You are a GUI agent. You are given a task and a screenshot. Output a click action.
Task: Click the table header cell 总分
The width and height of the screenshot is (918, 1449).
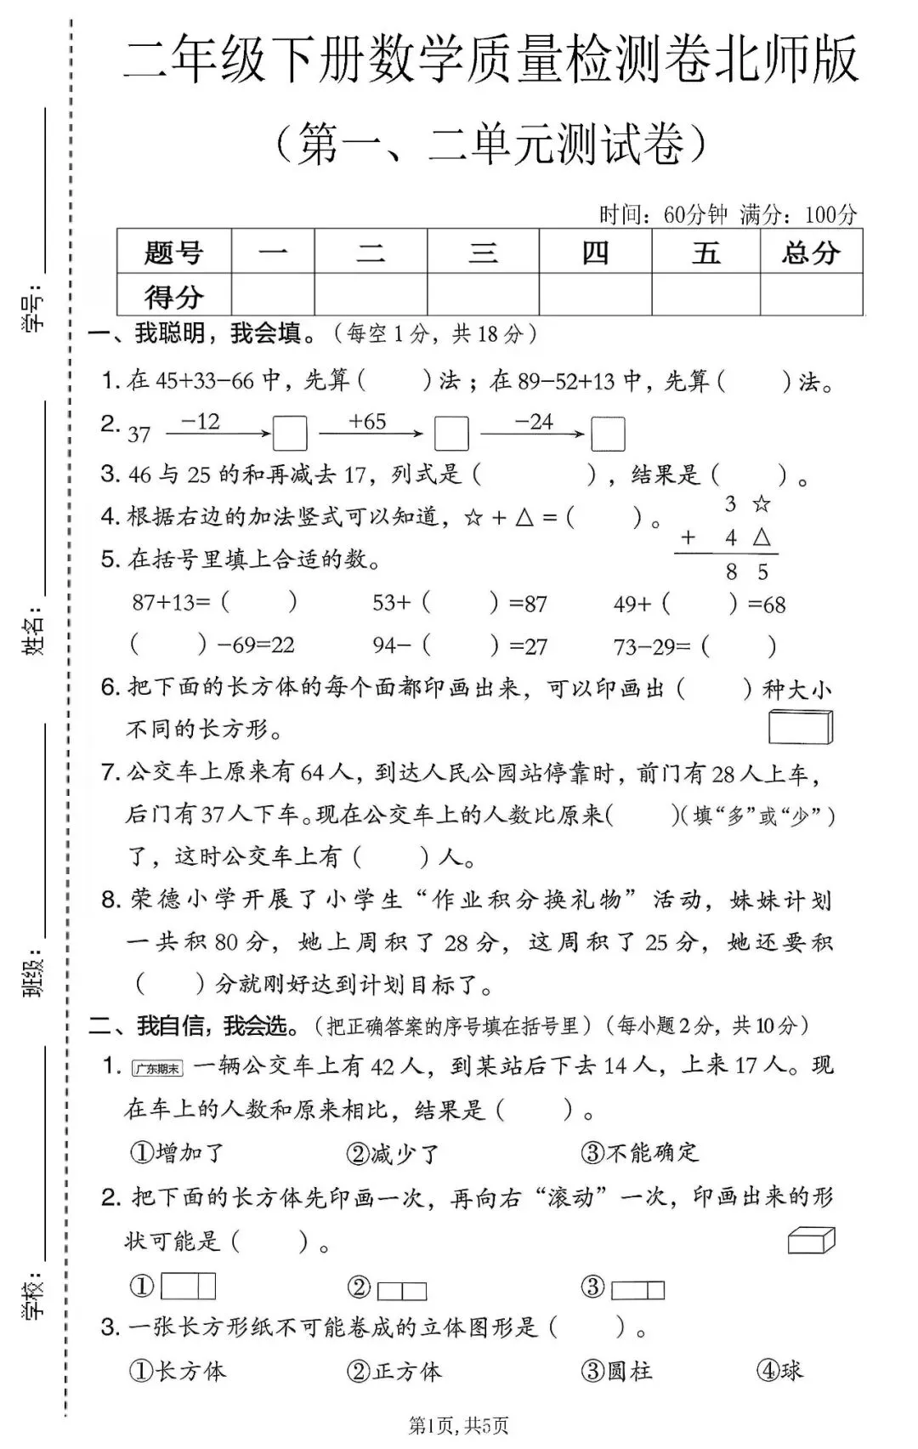(811, 253)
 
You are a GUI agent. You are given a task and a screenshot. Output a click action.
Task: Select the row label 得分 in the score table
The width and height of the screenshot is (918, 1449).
(173, 297)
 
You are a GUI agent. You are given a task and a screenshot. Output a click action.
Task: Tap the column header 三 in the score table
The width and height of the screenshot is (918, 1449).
(483, 253)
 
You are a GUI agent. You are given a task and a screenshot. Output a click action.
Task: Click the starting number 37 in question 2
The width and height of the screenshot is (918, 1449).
(139, 435)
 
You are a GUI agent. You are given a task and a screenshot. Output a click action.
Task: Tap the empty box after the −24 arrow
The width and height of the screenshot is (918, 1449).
(608, 434)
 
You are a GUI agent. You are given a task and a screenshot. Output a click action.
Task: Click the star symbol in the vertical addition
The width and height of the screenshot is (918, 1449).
(762, 504)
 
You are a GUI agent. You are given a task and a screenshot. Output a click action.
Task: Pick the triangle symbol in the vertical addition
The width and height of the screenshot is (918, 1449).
(762, 537)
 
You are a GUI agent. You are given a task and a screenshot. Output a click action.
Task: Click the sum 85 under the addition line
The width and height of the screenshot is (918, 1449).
(746, 572)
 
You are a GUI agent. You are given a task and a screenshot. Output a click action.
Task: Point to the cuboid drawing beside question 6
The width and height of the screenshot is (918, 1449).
(801, 727)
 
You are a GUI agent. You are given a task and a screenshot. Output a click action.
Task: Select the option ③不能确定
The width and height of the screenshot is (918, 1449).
(639, 1153)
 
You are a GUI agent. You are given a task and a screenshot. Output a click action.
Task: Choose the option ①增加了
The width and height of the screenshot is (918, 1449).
(177, 1153)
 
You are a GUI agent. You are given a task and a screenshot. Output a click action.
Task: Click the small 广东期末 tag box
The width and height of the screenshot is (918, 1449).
(157, 1069)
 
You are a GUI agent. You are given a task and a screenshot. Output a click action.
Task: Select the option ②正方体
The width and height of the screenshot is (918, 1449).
(394, 1371)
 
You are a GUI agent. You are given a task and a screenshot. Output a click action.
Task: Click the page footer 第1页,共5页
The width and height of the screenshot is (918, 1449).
(459, 1426)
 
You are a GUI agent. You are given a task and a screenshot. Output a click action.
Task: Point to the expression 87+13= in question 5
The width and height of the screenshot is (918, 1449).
(171, 602)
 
